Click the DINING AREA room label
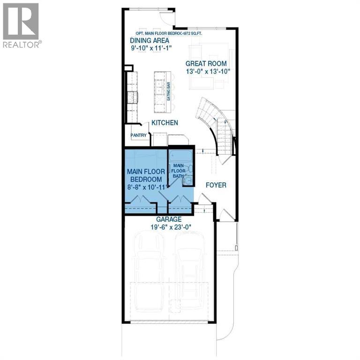pos(150,40)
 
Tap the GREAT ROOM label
pos(206,64)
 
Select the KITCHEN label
pos(164,123)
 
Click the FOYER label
pos(216,185)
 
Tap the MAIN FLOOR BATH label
pos(178,170)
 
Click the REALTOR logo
pos(21,26)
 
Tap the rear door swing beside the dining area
pos(166,18)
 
